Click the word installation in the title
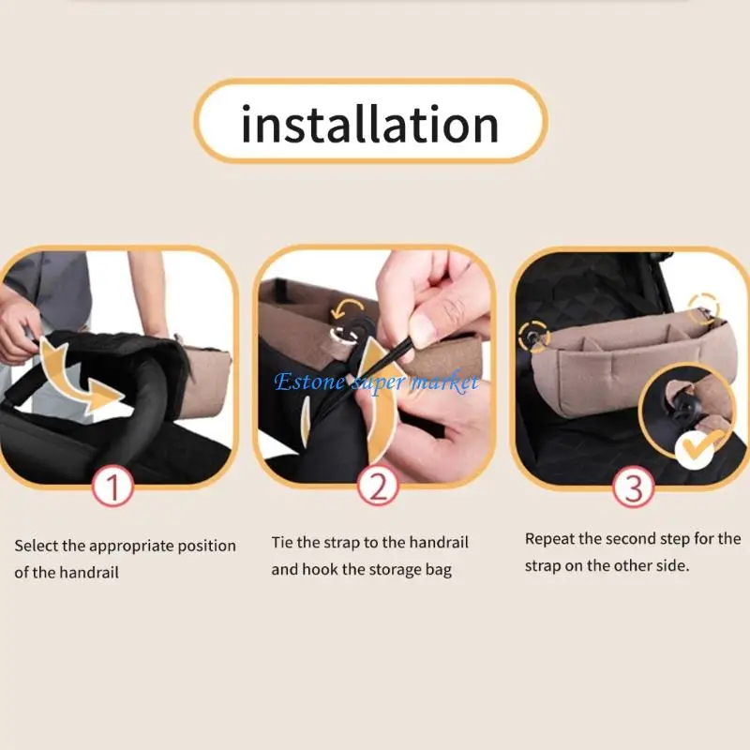click(369, 125)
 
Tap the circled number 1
click(113, 487)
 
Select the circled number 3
click(633, 487)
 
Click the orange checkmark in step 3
click(703, 444)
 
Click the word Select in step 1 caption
click(36, 546)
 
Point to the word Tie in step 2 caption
click(282, 543)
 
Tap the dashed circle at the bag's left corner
click(535, 333)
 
